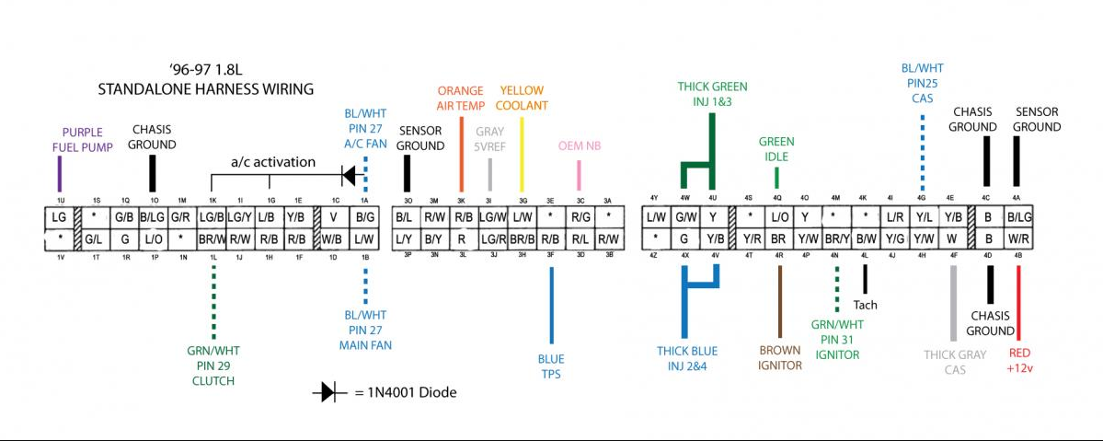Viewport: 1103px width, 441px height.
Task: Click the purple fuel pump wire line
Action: [x=60, y=173]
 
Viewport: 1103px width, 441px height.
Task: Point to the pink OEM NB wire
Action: [x=579, y=174]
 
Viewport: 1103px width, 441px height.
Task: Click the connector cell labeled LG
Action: [x=60, y=217]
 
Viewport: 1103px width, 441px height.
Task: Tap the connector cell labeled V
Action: [x=334, y=217]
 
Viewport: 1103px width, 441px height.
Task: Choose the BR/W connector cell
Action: [x=213, y=239]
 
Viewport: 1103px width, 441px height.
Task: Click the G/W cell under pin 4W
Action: [x=684, y=217]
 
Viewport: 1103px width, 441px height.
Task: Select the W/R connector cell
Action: [x=1018, y=239]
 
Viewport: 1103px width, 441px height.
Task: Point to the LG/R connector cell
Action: [x=492, y=239]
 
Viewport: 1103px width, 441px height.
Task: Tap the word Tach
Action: [x=865, y=305]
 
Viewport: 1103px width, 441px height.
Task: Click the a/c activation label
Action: [x=272, y=162]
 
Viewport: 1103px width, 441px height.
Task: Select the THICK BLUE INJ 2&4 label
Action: [x=686, y=359]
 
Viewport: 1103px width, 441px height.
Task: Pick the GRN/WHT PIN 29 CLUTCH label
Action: [x=213, y=365]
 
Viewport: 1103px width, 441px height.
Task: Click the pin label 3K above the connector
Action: [x=462, y=201]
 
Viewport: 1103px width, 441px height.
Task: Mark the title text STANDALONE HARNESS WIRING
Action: [x=206, y=89]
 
